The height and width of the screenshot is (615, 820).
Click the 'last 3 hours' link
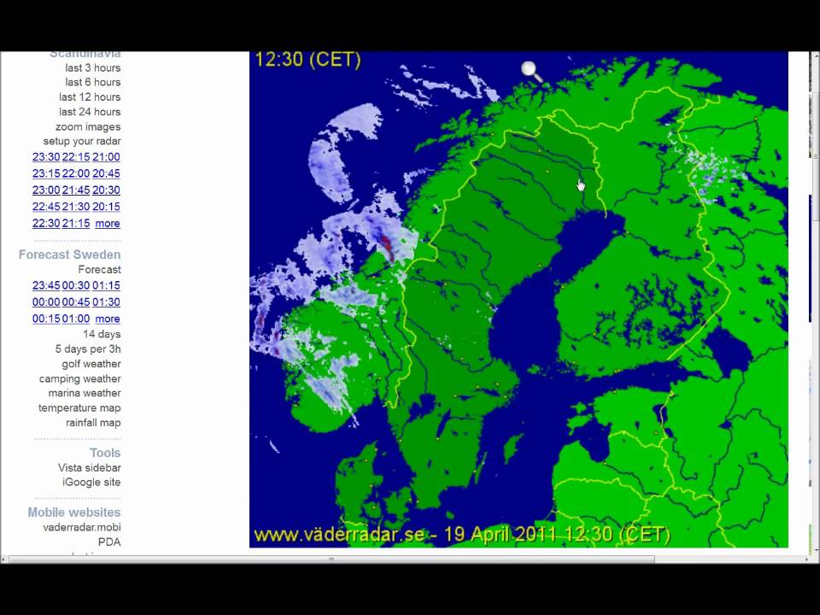pos(92,67)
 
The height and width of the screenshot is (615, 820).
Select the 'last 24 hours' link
pos(89,112)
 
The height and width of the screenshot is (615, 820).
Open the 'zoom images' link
pos(88,126)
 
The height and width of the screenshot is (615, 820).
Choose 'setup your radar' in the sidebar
pos(82,141)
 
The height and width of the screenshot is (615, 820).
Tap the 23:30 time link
pos(46,157)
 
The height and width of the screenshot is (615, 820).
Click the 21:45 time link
pos(76,190)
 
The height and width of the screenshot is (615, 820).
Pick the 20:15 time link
pos(106,207)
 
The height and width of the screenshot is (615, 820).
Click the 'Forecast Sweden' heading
pos(70,255)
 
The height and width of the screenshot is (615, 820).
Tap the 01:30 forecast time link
pos(106,302)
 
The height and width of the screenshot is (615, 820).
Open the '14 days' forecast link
pos(102,334)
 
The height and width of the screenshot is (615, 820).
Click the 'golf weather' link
pos(91,364)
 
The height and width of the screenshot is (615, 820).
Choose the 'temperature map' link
pos(79,408)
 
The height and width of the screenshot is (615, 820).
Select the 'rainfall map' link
pos(93,423)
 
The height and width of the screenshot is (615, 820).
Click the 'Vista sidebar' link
pos(90,468)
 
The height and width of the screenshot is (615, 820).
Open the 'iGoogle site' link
pos(91,483)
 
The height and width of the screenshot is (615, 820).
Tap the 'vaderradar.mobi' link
pos(82,527)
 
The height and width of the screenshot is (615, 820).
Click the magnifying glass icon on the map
pos(531,71)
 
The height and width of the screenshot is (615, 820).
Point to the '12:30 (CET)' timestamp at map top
pos(307,60)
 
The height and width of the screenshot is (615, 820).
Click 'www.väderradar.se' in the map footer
pos(339,535)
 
